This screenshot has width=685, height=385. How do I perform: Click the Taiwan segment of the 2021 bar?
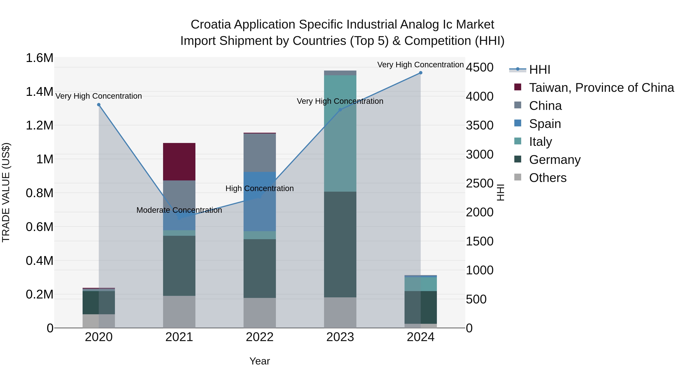click(x=179, y=162)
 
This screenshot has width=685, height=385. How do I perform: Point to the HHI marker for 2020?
click(x=99, y=105)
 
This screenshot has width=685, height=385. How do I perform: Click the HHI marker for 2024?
click(x=420, y=73)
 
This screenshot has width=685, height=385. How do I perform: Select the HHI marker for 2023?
click(x=340, y=110)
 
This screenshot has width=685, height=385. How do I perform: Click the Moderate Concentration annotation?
click(x=179, y=210)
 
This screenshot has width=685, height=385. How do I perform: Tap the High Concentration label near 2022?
click(x=260, y=188)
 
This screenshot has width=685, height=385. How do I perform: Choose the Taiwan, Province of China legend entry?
click(x=601, y=88)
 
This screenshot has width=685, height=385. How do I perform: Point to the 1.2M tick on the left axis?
click(x=39, y=125)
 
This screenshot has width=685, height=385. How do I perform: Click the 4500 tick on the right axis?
click(x=479, y=67)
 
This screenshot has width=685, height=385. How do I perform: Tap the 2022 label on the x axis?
click(x=260, y=337)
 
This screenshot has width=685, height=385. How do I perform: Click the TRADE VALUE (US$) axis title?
click(x=6, y=192)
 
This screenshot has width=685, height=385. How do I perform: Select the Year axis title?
click(x=260, y=361)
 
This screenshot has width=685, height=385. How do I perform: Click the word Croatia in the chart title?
click(x=211, y=25)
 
